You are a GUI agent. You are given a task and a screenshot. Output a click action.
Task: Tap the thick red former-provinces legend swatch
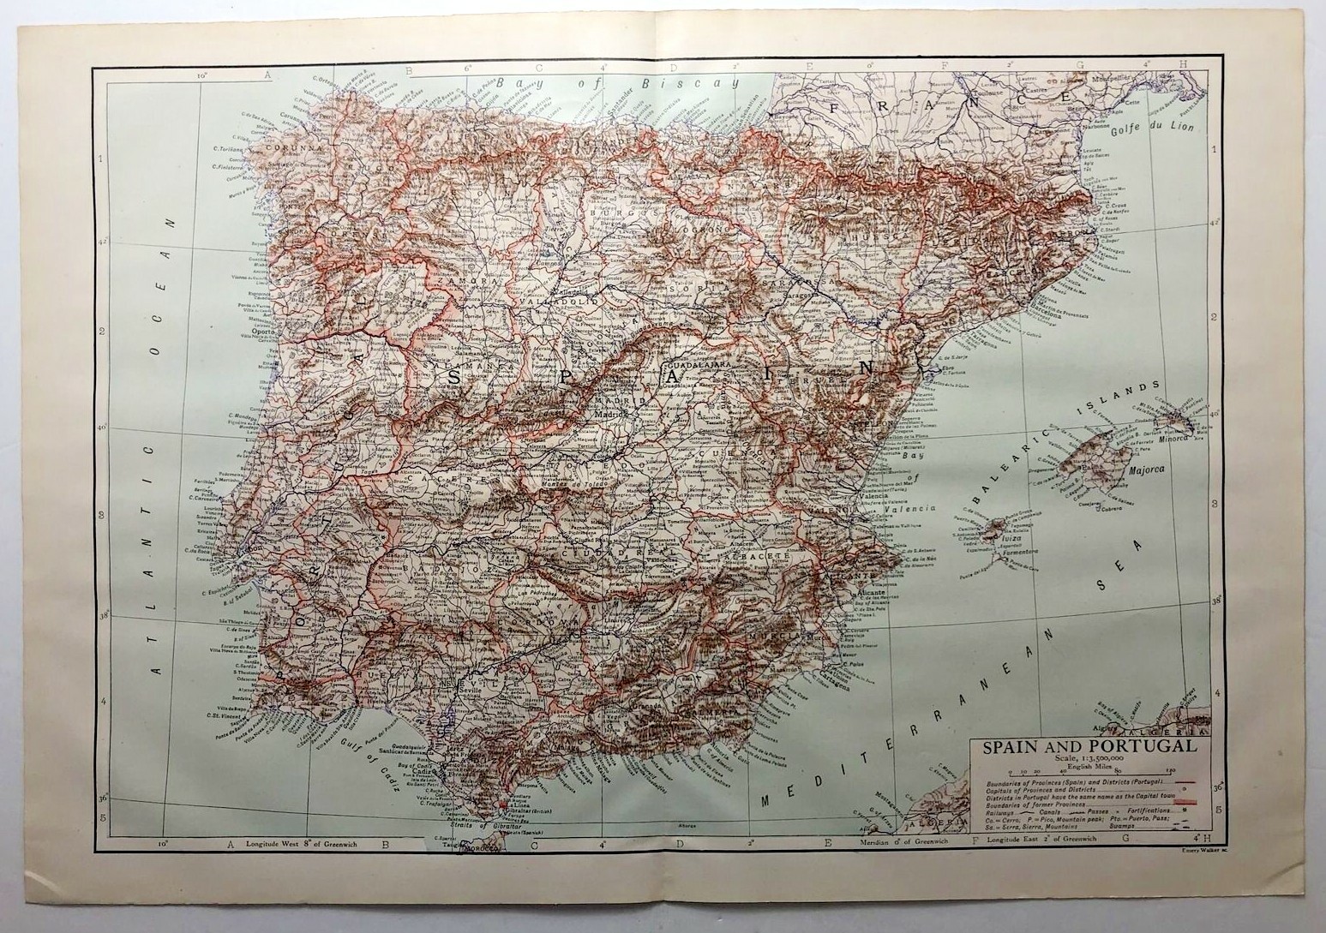point(1186,802)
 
